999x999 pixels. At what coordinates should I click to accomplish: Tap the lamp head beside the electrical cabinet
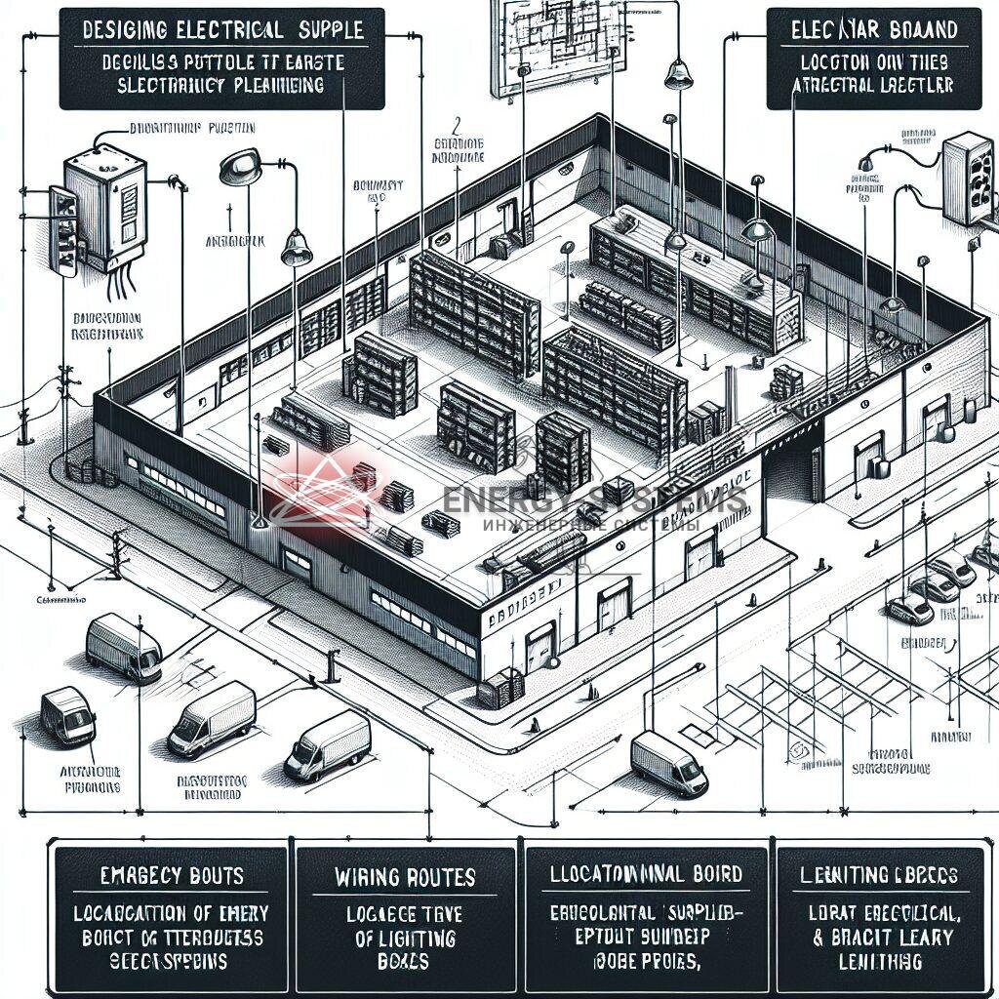pyautogui.click(x=239, y=168)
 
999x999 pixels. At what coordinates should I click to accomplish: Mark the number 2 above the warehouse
pyautogui.click(x=456, y=125)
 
